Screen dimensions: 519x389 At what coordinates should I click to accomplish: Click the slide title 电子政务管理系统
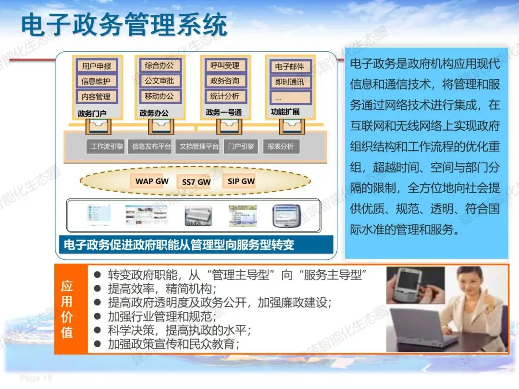(124, 25)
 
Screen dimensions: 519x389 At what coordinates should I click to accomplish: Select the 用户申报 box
(97, 66)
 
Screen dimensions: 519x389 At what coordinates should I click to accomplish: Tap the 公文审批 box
(160, 81)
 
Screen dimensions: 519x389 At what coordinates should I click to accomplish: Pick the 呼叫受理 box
(224, 65)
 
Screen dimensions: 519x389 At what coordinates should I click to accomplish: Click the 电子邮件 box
(290, 67)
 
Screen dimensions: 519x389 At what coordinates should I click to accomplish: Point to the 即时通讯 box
(290, 82)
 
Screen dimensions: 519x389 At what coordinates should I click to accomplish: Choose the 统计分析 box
(224, 96)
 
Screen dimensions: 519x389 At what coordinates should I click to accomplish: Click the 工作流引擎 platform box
(107, 146)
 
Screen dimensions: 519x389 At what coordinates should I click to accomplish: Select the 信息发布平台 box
(151, 146)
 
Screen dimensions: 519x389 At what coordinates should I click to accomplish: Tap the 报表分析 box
(281, 146)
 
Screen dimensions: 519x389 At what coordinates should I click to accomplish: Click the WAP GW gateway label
(152, 181)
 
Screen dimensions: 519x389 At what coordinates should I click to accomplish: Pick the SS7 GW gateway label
(196, 182)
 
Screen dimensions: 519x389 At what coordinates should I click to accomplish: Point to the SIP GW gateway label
(241, 181)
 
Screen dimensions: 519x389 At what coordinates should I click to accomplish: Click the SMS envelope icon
(198, 217)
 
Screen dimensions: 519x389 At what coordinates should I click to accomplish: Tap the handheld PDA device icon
(286, 216)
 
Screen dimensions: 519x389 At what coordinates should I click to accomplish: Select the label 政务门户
(92, 114)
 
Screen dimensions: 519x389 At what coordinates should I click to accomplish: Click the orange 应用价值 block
(67, 309)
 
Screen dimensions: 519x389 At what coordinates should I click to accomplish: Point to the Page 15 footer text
(36, 378)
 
